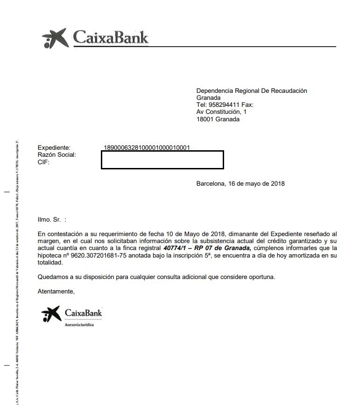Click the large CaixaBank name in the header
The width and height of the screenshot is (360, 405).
(111, 37)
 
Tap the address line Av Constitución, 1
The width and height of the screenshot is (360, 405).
(221, 112)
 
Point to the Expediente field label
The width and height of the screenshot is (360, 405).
(54, 148)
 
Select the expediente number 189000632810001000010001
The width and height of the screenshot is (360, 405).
(147, 148)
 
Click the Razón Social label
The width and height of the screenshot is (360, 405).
(56, 155)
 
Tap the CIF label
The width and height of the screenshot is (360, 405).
(43, 162)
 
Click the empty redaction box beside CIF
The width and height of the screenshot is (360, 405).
(162, 160)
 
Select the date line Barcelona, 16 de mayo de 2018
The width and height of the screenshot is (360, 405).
(240, 184)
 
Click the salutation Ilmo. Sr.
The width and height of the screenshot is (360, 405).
(49, 219)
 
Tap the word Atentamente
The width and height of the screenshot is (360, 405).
(56, 292)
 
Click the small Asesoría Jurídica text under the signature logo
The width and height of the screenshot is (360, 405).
(79, 324)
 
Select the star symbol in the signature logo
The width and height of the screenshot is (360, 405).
(50, 314)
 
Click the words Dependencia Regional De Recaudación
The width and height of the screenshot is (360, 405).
(252, 91)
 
